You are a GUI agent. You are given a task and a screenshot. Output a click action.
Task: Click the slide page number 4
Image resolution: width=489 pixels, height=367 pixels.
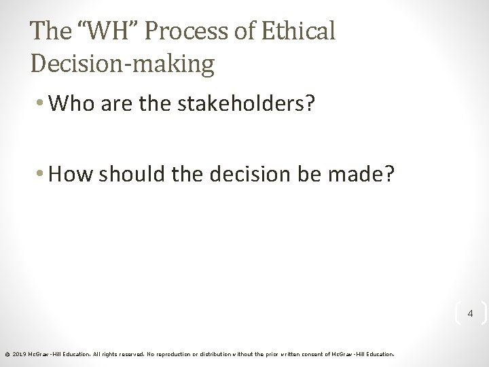469,314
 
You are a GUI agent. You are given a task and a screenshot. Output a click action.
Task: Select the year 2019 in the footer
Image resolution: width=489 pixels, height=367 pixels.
18,353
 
